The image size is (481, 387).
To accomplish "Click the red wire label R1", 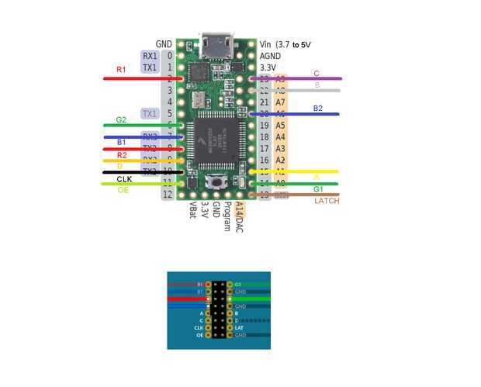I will point(121,70).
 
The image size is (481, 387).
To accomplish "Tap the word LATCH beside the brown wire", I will point(328,201).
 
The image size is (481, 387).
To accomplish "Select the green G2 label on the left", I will point(121,120).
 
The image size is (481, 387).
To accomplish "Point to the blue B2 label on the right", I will point(318,109).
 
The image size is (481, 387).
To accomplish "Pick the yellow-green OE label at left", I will point(123,190).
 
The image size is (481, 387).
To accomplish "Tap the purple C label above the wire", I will point(317,74).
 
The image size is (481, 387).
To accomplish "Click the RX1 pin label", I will point(150,56).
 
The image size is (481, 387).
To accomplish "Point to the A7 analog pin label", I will point(280,102).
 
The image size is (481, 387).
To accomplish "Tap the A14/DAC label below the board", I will point(240,218).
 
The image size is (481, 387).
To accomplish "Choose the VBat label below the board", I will point(193,212).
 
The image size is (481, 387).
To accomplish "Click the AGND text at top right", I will point(271,56).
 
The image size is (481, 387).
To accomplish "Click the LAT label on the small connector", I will point(240,328).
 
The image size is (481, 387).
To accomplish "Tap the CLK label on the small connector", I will point(199,328).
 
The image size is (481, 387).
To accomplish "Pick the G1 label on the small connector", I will point(238,285).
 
